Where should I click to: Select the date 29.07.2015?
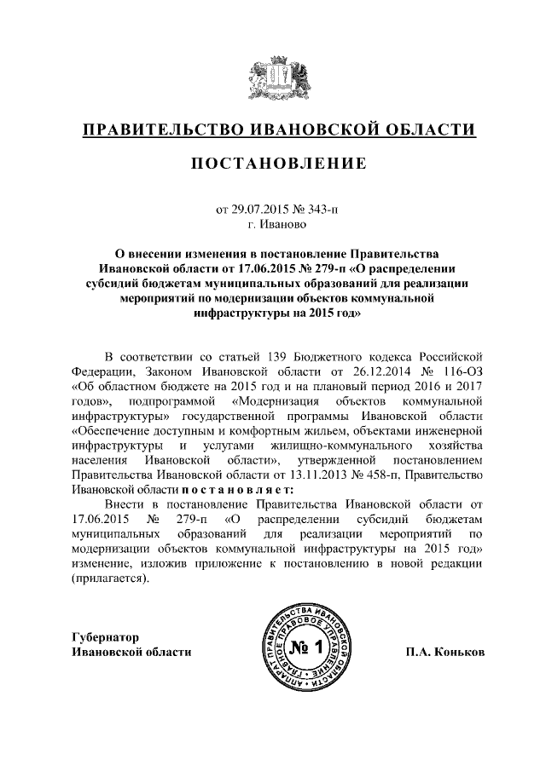tap(258, 210)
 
